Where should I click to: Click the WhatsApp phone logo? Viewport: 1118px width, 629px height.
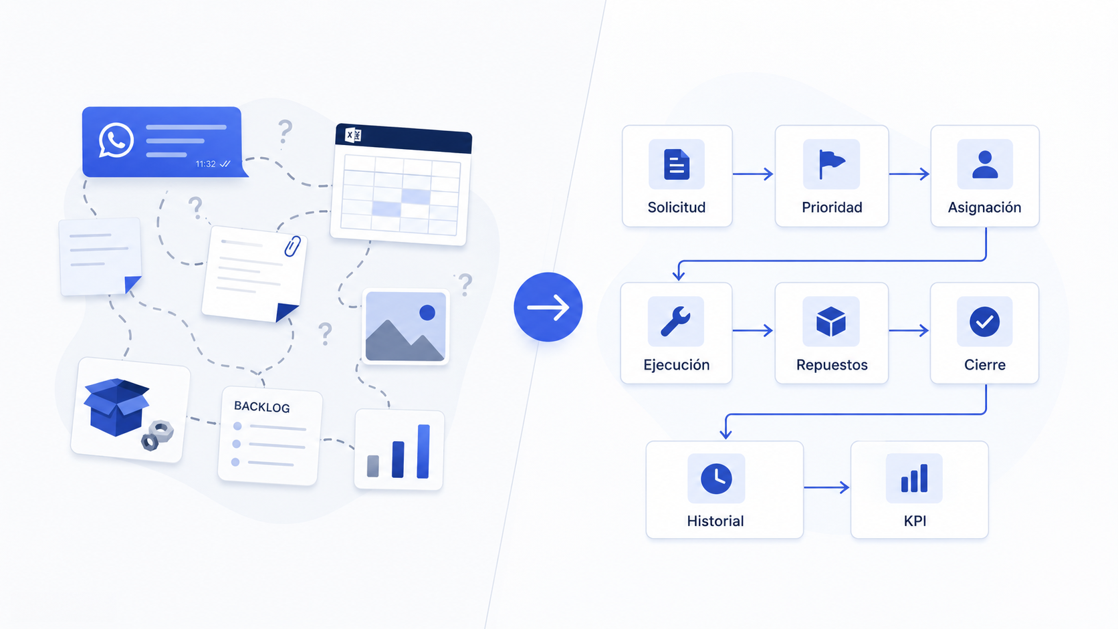coord(116,140)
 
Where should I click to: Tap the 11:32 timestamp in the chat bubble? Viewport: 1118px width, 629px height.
coord(206,164)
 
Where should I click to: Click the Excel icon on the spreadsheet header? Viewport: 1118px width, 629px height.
coord(353,135)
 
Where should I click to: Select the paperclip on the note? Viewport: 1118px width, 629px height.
coord(292,247)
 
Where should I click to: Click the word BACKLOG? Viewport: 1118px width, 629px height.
coord(262,407)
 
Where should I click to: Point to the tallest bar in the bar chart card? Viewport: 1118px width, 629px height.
coord(423,451)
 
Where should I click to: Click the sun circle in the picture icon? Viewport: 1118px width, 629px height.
coord(427,313)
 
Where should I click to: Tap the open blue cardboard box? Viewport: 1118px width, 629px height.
coord(117,407)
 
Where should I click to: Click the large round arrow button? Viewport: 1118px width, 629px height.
coord(548,307)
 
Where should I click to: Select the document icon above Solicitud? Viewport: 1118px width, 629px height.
coord(677,164)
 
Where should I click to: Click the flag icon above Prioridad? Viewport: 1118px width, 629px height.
coord(832,164)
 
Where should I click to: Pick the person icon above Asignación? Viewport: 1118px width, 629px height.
coord(985,164)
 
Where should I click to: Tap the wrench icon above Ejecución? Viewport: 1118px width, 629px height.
coord(676,322)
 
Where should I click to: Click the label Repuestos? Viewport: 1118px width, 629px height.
coord(832,365)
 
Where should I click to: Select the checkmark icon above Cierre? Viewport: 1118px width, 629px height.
coord(985,322)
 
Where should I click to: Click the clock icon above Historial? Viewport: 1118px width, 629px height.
coord(716,479)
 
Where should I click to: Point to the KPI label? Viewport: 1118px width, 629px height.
coord(915,521)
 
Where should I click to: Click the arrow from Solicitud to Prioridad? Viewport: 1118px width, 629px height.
coord(753,174)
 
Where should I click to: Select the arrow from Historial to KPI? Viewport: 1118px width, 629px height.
coord(826,487)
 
